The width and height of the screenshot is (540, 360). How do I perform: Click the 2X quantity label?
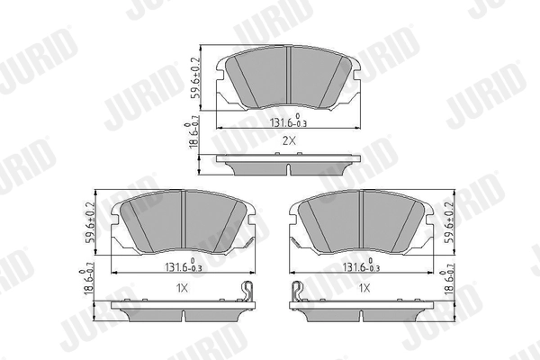coord(288,141)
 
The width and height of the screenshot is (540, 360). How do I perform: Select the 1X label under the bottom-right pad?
coord(364,288)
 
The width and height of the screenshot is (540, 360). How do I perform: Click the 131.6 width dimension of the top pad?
coord(287,123)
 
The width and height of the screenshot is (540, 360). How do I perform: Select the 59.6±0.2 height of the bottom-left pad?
coord(92,226)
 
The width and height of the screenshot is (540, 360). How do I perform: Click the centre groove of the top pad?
coord(287,76)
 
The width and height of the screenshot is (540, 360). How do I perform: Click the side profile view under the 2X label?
coord(287,164)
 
